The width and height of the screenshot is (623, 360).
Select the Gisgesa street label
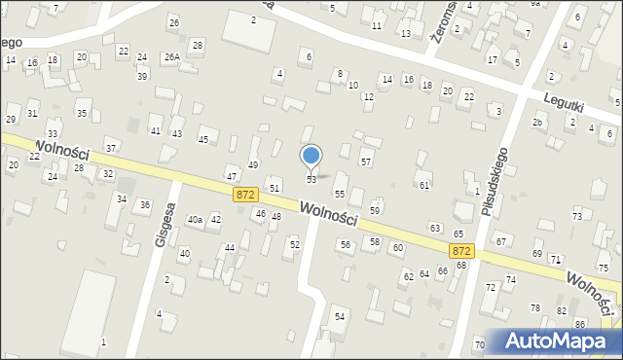point(163,226)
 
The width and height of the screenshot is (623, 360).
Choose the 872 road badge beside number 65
point(461,250)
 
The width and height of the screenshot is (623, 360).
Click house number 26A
point(171,57)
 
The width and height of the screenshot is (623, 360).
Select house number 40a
point(195,220)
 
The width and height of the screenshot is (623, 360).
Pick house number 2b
point(537,123)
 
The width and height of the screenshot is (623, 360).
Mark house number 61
point(424,185)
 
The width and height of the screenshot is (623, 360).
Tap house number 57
point(366,161)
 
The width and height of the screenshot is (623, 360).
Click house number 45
point(202,140)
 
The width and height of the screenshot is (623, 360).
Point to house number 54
point(340,317)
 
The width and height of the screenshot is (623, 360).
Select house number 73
point(577,216)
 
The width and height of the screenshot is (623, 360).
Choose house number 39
point(142,76)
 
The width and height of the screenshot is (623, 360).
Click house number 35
point(82,114)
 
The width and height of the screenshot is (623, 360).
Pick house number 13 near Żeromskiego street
point(405,34)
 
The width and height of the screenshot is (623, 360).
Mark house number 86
point(580,323)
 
